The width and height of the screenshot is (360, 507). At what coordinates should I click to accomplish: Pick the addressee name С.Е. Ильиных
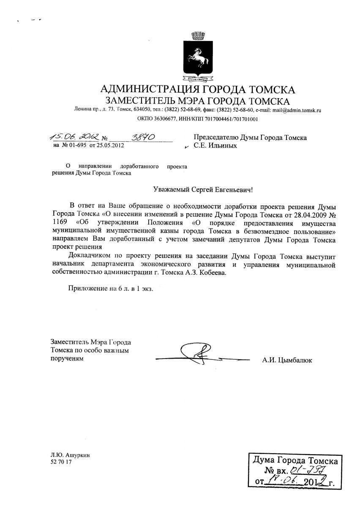tap(215, 146)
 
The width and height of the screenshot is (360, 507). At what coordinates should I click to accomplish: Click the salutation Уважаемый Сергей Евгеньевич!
tap(203, 190)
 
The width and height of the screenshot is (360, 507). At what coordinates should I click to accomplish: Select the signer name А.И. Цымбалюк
tap(287, 361)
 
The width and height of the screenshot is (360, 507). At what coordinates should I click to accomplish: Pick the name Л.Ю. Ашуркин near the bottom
tap(70, 455)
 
